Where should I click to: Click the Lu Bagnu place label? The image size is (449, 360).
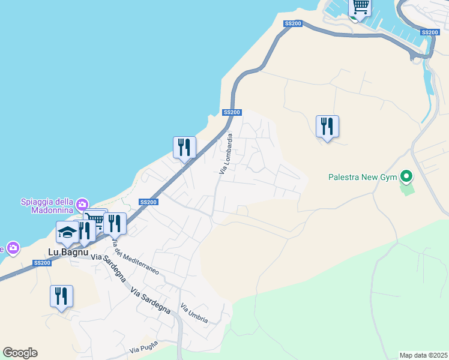pyautogui.click(x=68, y=253)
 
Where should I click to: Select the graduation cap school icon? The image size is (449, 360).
pyautogui.click(x=68, y=232)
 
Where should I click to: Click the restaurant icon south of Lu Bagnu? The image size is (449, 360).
pyautogui.click(x=61, y=296)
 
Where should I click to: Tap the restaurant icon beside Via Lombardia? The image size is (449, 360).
pyautogui.click(x=184, y=147)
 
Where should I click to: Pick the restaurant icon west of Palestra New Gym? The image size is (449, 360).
pyautogui.click(x=327, y=126)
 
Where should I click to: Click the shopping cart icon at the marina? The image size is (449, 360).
pyautogui.click(x=360, y=7)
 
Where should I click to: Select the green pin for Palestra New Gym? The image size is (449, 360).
pyautogui.click(x=406, y=177)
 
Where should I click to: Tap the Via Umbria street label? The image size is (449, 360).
pyautogui.click(x=194, y=313)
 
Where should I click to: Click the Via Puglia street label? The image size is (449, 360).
pyautogui.click(x=143, y=347)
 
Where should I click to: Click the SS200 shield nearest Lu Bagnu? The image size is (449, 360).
pyautogui.click(x=42, y=263)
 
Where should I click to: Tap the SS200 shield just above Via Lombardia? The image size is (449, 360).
pyautogui.click(x=232, y=112)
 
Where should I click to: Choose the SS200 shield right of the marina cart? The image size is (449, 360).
pyautogui.click(x=430, y=32)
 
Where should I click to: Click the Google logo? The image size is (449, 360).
pyautogui.click(x=20, y=353)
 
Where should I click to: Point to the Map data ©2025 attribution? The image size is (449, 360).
pyautogui.click(x=424, y=355)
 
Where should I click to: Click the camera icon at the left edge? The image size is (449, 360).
pyautogui.click(x=12, y=247)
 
